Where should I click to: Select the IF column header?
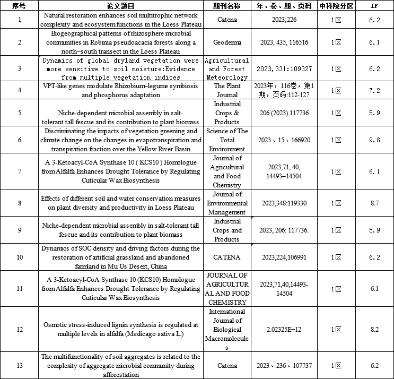[x=374, y=6]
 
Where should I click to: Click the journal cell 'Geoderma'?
[x=227, y=42]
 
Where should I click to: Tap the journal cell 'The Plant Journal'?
[x=227, y=90]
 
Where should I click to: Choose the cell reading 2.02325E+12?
[x=284, y=329]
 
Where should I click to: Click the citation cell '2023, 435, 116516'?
[x=284, y=42]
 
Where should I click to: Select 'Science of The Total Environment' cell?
[x=227, y=140]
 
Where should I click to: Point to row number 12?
[x=20, y=329]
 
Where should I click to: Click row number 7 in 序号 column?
[x=20, y=171]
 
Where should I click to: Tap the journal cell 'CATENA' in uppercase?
[x=227, y=257]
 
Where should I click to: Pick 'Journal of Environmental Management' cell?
[x=227, y=203]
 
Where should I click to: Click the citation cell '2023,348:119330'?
[x=284, y=203]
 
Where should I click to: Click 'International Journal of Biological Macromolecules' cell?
[x=227, y=329]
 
